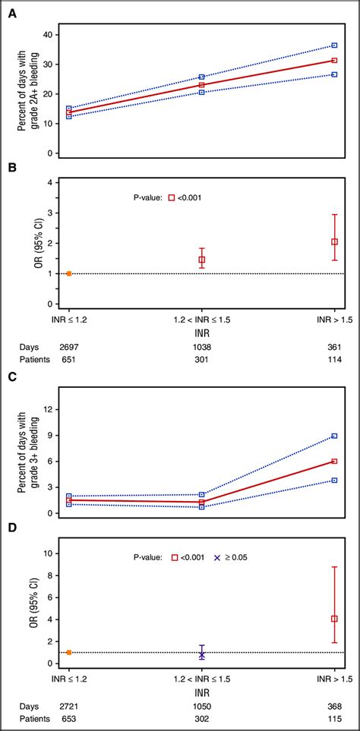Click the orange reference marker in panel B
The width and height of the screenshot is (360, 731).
coord(69,273)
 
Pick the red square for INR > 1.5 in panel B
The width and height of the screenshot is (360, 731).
coord(335,241)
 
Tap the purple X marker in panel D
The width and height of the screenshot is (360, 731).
coord(202,654)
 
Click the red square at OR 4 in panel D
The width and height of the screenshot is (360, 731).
coord(335,619)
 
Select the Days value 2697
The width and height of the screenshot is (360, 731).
coord(69,345)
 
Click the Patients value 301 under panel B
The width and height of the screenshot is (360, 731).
coord(202,361)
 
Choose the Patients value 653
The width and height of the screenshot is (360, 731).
coord(69,719)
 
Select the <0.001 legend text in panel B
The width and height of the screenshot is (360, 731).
coord(190,197)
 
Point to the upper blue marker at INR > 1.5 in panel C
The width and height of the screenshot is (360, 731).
coord(335,436)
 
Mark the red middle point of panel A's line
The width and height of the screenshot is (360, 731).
coord(202,85)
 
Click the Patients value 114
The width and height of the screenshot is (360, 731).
coord(335,361)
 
